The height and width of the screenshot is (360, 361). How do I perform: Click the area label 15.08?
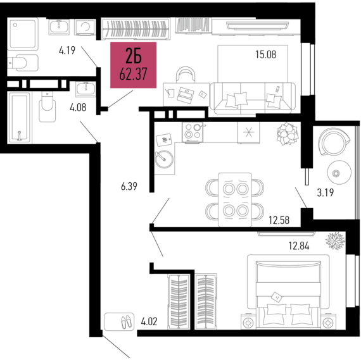click(x=265, y=54)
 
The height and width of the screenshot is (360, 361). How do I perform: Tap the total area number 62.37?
click(x=133, y=75)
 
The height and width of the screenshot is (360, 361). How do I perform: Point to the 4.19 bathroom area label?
click(x=67, y=50)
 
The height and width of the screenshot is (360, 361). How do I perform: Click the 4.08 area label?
click(x=77, y=107)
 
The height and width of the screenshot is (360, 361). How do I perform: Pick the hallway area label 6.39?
click(x=129, y=187)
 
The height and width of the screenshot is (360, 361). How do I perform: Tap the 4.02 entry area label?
click(x=148, y=321)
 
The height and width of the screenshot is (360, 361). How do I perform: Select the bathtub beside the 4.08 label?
click(x=19, y=117)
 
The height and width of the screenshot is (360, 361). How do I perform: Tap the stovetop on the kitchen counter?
click(x=193, y=132)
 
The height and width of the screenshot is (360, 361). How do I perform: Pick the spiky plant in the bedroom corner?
click(x=335, y=241)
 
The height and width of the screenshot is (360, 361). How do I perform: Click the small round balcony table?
click(x=336, y=171)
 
